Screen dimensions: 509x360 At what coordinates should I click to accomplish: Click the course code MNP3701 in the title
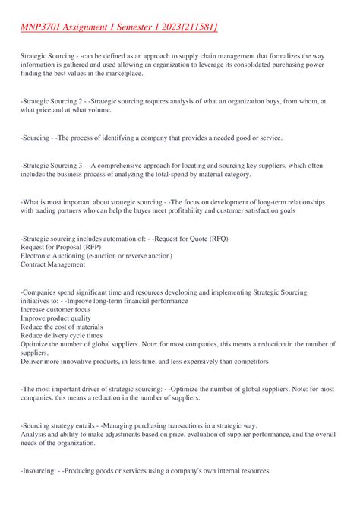click(44, 28)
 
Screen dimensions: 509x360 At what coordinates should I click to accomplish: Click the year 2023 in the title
click(161, 28)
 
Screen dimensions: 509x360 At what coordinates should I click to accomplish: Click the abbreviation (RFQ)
click(214, 238)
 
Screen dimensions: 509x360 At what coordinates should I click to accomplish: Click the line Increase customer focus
click(56, 309)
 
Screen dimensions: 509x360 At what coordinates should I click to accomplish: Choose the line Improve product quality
click(56, 318)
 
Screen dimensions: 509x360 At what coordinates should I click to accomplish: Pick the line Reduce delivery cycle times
click(61, 335)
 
